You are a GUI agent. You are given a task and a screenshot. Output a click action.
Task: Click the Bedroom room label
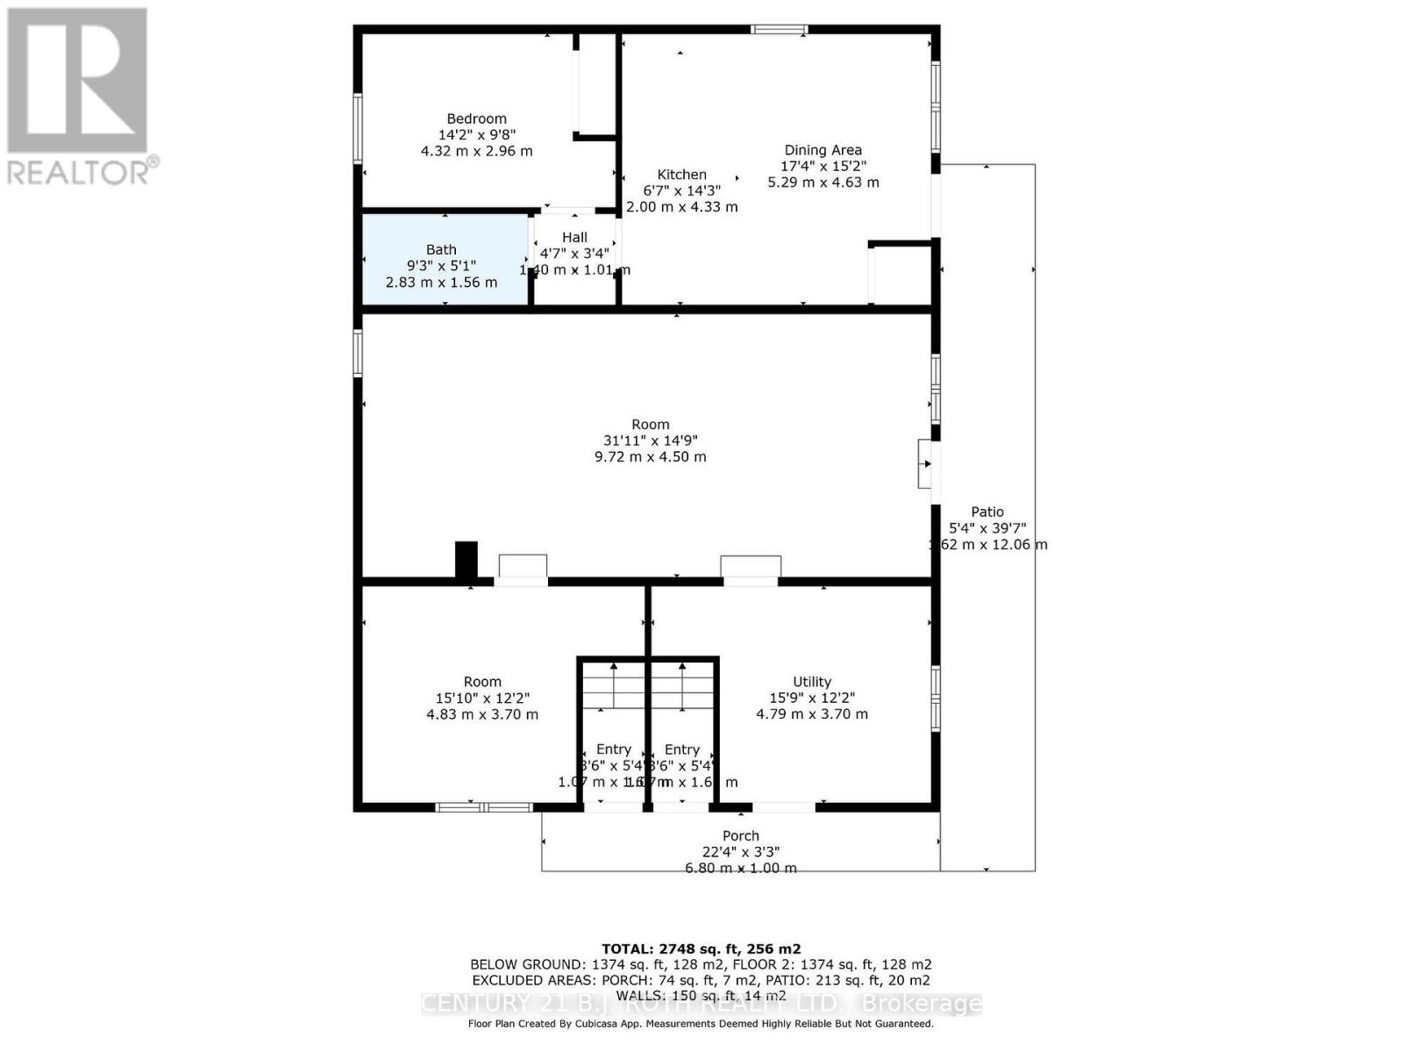point(476,118)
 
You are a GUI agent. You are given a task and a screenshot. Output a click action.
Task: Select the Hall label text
point(574,237)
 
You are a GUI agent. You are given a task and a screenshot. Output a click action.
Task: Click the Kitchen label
point(681,175)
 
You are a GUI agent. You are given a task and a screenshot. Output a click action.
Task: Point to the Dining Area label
point(823,150)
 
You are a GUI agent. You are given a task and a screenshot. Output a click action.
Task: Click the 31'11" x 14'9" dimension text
point(650,441)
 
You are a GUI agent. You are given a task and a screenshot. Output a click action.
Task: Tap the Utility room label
point(811,682)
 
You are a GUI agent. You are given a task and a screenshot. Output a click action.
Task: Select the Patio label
point(986,512)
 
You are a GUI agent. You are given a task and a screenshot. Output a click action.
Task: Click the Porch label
point(740,836)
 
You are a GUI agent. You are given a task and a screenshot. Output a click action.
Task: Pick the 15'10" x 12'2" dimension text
point(482,698)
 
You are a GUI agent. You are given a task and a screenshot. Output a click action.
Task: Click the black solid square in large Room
point(466,560)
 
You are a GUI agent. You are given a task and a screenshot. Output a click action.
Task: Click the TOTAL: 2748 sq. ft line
point(701,949)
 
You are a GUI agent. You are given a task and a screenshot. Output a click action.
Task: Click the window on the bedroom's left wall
point(358,128)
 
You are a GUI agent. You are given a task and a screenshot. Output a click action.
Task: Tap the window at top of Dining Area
point(779,30)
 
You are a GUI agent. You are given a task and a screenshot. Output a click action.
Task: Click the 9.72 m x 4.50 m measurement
point(650,457)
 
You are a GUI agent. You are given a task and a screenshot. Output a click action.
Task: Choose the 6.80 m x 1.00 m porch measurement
point(740,868)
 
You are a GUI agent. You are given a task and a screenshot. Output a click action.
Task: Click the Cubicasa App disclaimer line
point(701,1024)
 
